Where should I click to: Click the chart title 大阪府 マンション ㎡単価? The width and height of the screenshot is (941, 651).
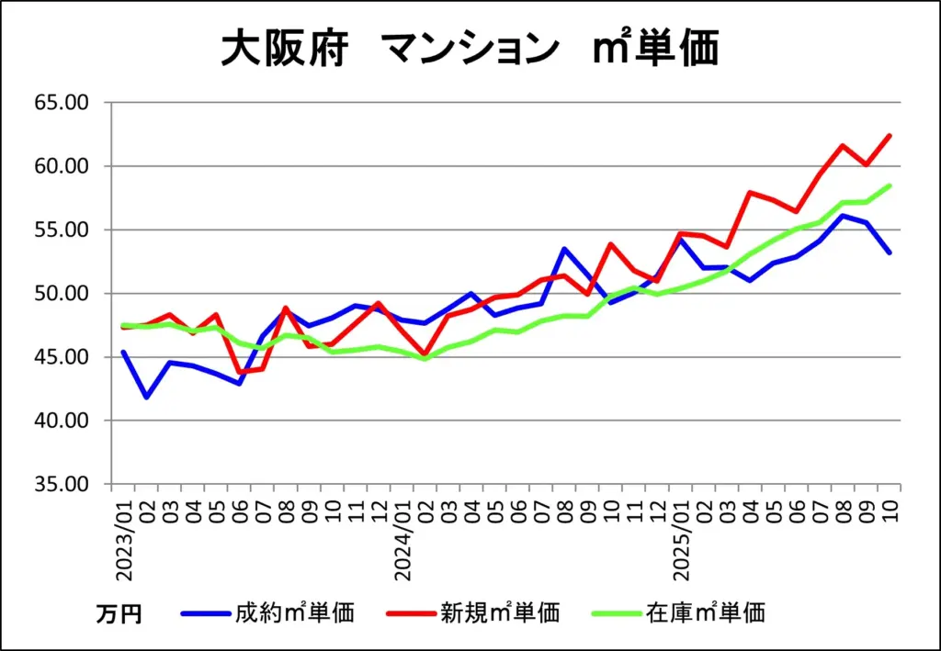(470, 51)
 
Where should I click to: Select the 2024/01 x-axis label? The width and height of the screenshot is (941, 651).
(402, 539)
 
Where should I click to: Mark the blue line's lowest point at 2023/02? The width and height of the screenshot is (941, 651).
(146, 398)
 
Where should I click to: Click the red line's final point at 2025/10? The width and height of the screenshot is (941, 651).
(890, 136)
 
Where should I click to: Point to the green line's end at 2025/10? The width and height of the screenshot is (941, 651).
(890, 185)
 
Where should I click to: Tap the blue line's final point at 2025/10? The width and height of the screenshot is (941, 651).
(890, 253)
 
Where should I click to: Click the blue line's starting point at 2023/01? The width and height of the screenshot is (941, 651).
(123, 352)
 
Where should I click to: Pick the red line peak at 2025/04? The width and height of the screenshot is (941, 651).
(751, 192)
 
